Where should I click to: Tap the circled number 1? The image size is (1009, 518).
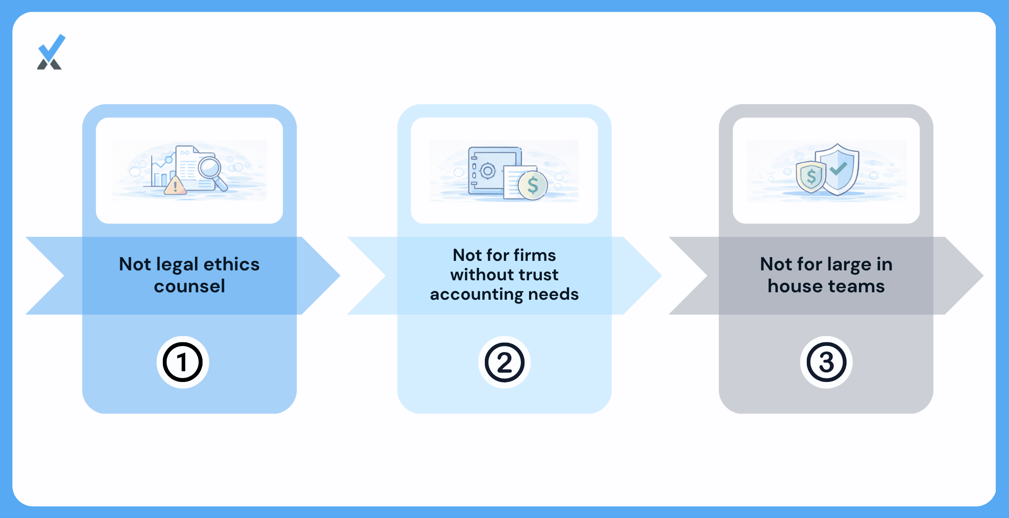tap(183, 362)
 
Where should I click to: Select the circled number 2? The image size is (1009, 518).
tap(504, 362)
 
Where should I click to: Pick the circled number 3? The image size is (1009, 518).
tap(826, 362)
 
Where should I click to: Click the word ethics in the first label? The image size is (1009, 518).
tap(231, 264)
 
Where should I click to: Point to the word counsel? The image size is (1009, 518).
tap(190, 286)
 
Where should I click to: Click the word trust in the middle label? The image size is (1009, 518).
tap(539, 275)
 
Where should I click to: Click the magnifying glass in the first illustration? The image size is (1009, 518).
tap(212, 173)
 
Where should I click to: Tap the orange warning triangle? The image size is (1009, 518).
tap(175, 186)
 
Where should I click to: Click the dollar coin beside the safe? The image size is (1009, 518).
tap(533, 186)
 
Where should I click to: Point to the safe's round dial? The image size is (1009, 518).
tap(488, 170)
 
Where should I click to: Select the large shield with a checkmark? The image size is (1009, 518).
tap(837, 169)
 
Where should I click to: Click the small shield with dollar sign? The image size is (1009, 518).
tap(811, 177)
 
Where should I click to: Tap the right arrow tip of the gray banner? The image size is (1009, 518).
tap(983, 275)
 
